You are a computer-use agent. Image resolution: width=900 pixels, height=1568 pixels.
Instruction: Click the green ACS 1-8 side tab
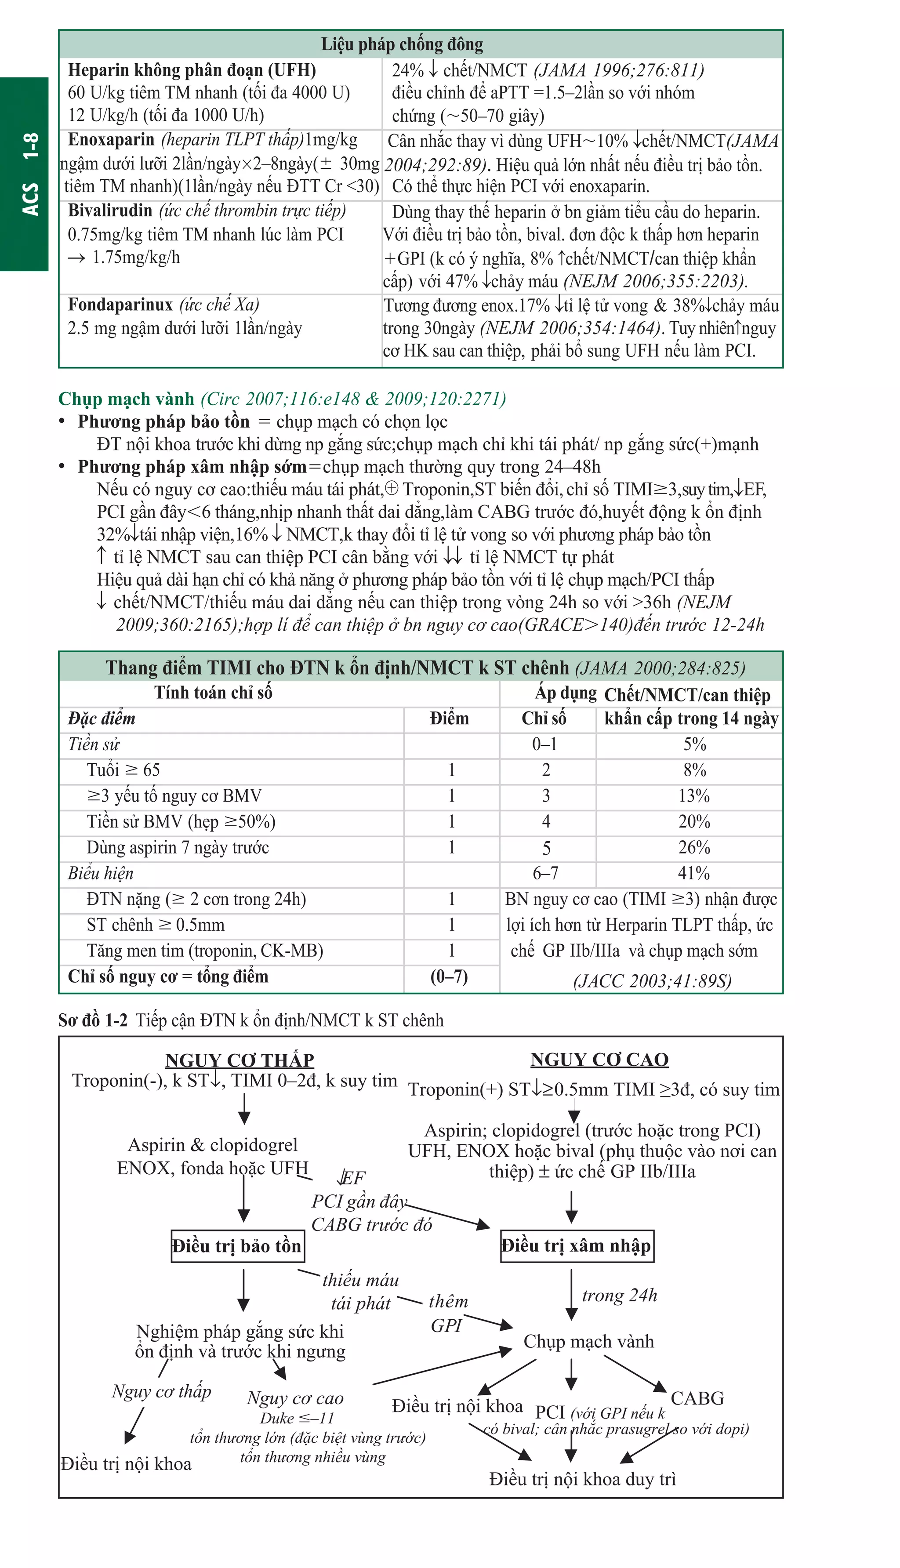pyautogui.click(x=25, y=174)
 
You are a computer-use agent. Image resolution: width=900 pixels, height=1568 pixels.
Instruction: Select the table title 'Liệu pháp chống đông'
pyautogui.click(x=402, y=44)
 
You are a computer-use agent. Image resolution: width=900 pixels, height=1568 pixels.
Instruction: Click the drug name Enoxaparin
pyautogui.click(x=111, y=140)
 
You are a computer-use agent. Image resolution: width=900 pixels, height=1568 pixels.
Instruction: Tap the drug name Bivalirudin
pyautogui.click(x=110, y=211)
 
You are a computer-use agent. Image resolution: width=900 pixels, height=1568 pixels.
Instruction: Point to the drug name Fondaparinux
pyautogui.click(x=120, y=305)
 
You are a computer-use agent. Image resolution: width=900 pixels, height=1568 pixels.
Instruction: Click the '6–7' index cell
pyautogui.click(x=545, y=873)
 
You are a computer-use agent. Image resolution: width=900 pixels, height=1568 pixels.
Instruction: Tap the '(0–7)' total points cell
pyautogui.click(x=450, y=976)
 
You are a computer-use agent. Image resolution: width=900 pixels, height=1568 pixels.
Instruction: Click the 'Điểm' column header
pyautogui.click(x=450, y=718)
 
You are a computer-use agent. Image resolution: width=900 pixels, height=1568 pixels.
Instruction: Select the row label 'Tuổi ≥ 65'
pyautogui.click(x=123, y=770)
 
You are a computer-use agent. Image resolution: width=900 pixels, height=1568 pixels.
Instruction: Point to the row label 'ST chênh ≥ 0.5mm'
pyautogui.click(x=156, y=925)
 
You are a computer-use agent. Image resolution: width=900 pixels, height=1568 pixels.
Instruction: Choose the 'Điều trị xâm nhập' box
pyautogui.click(x=576, y=1245)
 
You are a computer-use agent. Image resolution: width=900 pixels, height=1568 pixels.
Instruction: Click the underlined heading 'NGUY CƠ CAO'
pyautogui.click(x=599, y=1060)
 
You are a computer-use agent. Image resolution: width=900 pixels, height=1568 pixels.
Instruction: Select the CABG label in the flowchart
pyautogui.click(x=697, y=1398)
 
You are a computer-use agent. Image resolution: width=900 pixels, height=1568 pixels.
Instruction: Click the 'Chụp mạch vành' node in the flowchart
pyautogui.click(x=588, y=1341)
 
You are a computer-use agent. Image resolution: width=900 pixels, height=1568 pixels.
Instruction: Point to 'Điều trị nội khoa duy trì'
pyautogui.click(x=582, y=1479)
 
